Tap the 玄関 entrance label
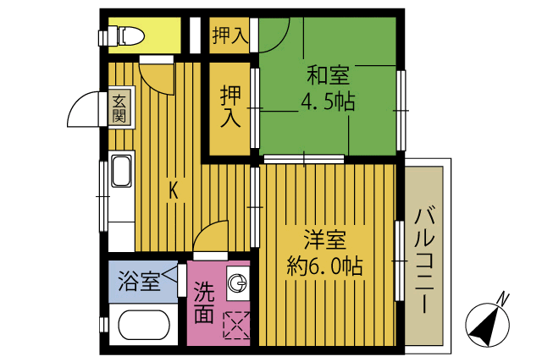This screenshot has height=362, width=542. click(119, 107)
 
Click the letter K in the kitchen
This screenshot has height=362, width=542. click(173, 191)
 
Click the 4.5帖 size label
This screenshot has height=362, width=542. click(327, 103)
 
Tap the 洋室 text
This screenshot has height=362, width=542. click(324, 240)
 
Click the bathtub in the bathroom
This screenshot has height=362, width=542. click(142, 326)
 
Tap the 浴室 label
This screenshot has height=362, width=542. click(138, 280)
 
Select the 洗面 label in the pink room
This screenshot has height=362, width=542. click(203, 304)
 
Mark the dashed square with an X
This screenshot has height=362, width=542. click(236, 326)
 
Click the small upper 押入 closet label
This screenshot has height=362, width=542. click(228, 36)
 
